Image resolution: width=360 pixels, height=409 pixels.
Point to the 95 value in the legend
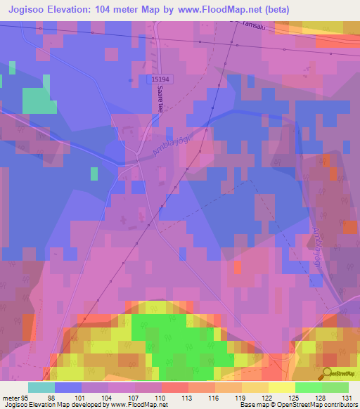point(27,397)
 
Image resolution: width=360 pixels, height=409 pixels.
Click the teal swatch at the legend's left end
point(41,387)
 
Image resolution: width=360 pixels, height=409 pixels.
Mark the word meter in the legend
point(10,397)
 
